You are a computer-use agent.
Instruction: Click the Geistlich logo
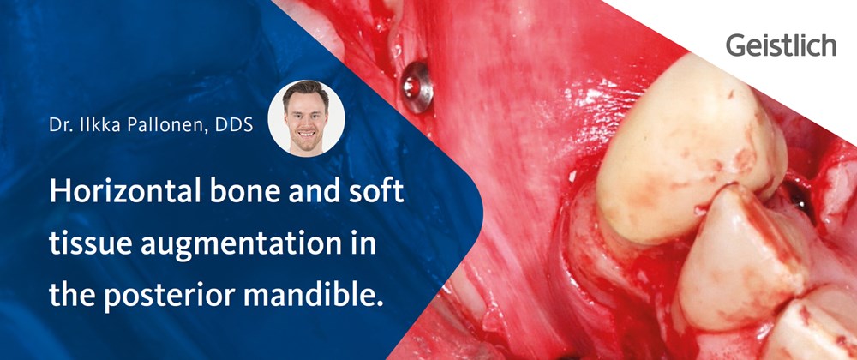click(x=781, y=45)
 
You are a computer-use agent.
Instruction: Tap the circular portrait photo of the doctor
click(x=306, y=118)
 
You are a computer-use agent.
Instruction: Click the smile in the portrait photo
click(x=307, y=134)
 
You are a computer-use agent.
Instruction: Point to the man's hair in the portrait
click(x=306, y=91)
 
